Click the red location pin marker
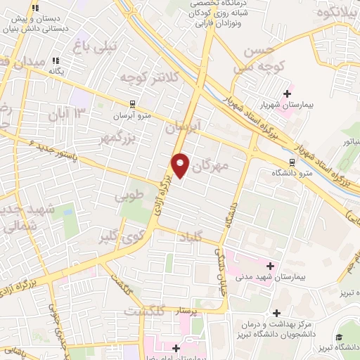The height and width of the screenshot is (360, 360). point(181,167)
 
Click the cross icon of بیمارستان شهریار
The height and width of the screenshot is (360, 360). point(287,92)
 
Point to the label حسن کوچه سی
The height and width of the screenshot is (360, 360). point(258,60)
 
